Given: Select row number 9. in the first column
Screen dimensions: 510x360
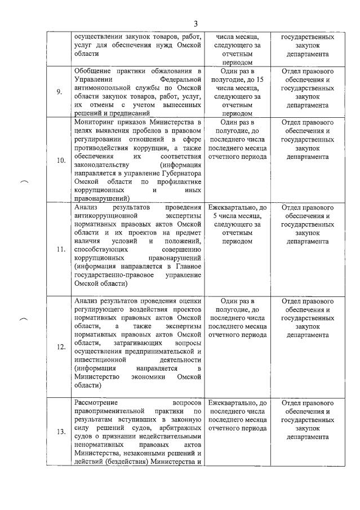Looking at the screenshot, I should pyautogui.click(x=60, y=92).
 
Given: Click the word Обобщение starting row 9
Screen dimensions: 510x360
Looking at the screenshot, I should pyautogui.click(x=95, y=72).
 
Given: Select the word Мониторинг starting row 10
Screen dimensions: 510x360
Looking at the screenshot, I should pyautogui.click(x=96, y=122).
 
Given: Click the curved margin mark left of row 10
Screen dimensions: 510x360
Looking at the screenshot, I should pyautogui.click(x=24, y=181).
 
